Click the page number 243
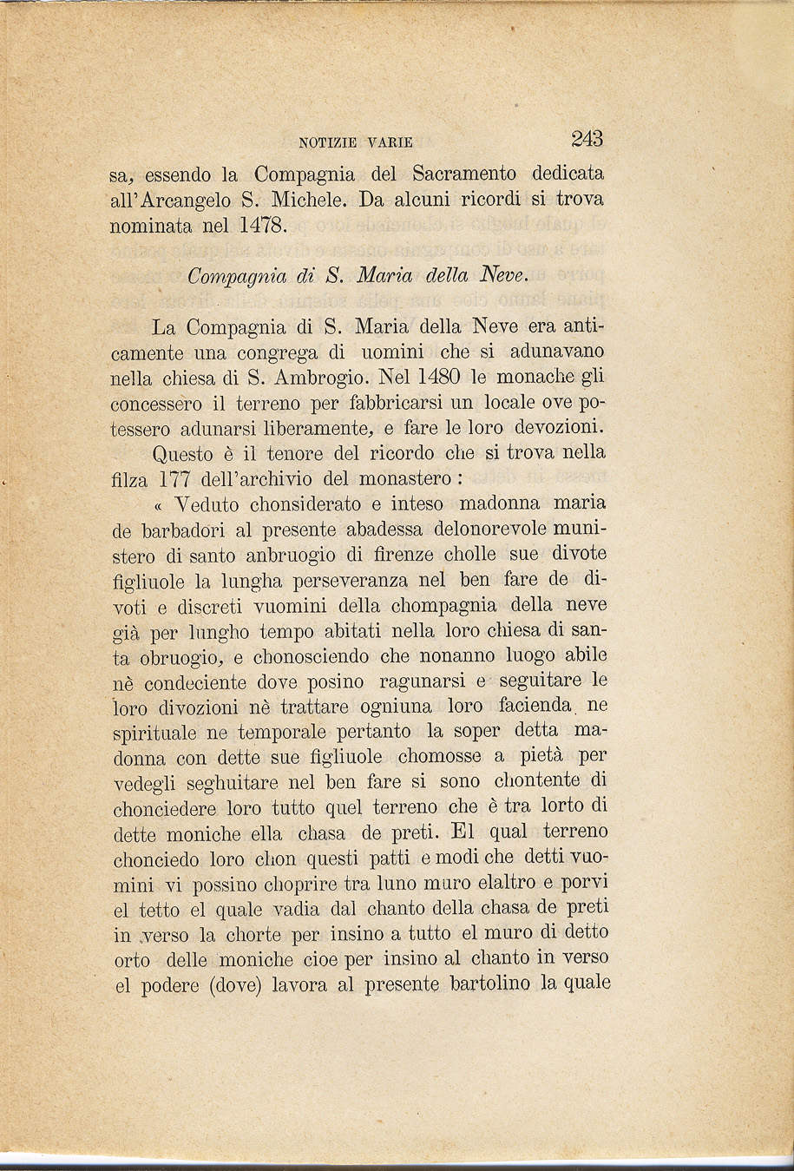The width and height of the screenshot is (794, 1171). click(587, 139)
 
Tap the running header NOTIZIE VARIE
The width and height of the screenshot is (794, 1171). click(356, 142)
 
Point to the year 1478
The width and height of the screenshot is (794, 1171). click(259, 227)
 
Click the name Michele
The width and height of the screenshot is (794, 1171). click(310, 201)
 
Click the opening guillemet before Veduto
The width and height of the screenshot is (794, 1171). click(158, 505)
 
